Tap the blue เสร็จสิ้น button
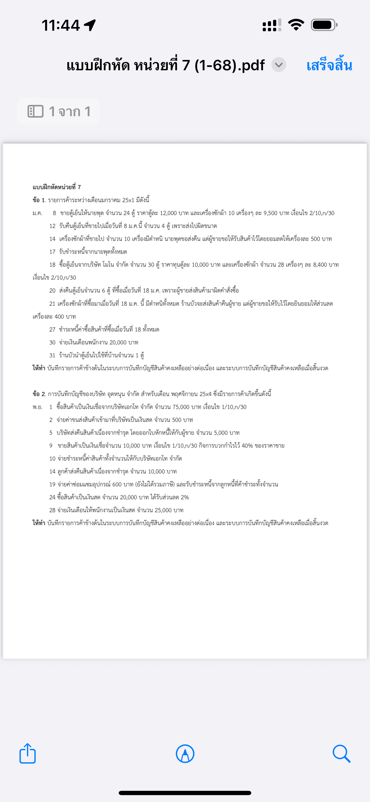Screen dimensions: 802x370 pyautogui.click(x=329, y=65)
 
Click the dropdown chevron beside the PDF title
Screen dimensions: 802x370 pyautogui.click(x=279, y=65)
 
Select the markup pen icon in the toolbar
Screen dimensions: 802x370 pyautogui.click(x=185, y=754)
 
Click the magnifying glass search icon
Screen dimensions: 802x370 pyautogui.click(x=341, y=754)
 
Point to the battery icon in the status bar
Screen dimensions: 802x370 pyautogui.click(x=324, y=25)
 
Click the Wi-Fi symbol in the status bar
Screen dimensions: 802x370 pyautogui.click(x=296, y=25)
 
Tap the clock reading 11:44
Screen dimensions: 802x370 pyautogui.click(x=61, y=25)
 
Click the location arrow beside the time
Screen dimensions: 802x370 pyautogui.click(x=90, y=25)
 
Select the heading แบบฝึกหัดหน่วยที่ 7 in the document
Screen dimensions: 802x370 pyautogui.click(x=57, y=187)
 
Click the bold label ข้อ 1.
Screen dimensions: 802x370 pyautogui.click(x=39, y=200)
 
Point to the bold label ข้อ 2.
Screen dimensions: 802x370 pyautogui.click(x=39, y=394)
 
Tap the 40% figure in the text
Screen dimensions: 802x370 pyautogui.click(x=247, y=445)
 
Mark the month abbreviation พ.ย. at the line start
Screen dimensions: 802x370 pyautogui.click(x=37, y=407)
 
